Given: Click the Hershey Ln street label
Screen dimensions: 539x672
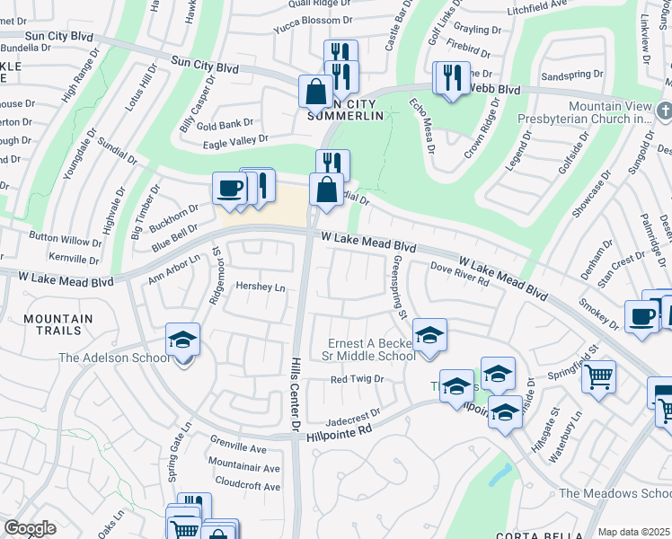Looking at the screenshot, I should pyautogui.click(x=260, y=287).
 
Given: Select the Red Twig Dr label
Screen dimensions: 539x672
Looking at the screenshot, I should pyautogui.click(x=357, y=379).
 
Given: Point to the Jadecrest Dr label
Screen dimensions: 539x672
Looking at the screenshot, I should pyautogui.click(x=354, y=415).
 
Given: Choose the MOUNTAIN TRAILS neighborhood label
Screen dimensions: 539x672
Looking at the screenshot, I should pyautogui.click(x=58, y=325).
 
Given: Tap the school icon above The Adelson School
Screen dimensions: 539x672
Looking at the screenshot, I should pyautogui.click(x=182, y=340).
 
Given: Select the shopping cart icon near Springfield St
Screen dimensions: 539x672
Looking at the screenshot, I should pyautogui.click(x=598, y=376).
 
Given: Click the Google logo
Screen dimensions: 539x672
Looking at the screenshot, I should pyautogui.click(x=30, y=528).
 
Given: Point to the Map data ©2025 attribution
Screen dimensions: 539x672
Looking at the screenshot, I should pyautogui.click(x=632, y=532).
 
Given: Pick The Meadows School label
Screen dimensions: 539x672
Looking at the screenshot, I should pyautogui.click(x=615, y=493).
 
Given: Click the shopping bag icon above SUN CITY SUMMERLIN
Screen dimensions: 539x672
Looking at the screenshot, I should pyautogui.click(x=315, y=90).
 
